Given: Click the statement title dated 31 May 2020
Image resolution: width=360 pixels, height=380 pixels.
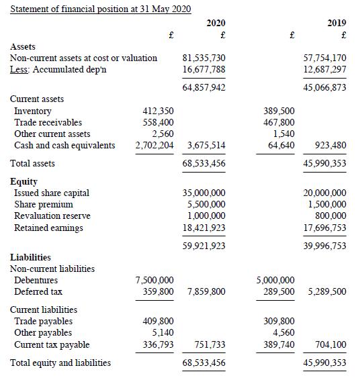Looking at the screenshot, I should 101,9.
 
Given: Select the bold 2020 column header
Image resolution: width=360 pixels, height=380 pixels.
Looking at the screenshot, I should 216,23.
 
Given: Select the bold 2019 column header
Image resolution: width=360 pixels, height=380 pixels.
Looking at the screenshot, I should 336,23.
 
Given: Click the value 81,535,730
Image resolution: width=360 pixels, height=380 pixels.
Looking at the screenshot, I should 204,58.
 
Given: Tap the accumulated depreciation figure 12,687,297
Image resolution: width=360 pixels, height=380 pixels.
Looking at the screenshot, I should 325,69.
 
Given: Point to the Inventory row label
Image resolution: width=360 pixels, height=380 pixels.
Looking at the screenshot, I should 33,111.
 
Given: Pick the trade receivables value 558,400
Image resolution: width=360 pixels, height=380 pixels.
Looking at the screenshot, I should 159,122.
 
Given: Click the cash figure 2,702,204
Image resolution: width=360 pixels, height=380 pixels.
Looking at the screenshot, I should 155,145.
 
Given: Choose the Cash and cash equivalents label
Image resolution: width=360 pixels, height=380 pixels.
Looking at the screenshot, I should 64,145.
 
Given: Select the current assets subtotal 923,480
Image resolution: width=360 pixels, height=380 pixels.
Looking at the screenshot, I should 330,145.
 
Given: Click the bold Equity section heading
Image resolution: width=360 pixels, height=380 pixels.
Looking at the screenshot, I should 24,181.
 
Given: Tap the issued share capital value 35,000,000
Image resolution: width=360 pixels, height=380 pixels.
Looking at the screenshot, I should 204,193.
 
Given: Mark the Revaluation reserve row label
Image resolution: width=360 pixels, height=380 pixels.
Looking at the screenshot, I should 52,216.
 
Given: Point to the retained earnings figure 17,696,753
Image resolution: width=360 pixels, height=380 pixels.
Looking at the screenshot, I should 325,228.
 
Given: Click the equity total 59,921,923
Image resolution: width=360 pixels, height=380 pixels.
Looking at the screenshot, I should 204,246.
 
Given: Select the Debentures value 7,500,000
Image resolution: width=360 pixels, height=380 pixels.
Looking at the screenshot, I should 154,280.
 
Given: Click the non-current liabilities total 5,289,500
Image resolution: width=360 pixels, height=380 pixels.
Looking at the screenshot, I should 328,291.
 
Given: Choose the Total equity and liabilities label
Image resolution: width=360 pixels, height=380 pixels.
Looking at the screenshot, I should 60,363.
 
